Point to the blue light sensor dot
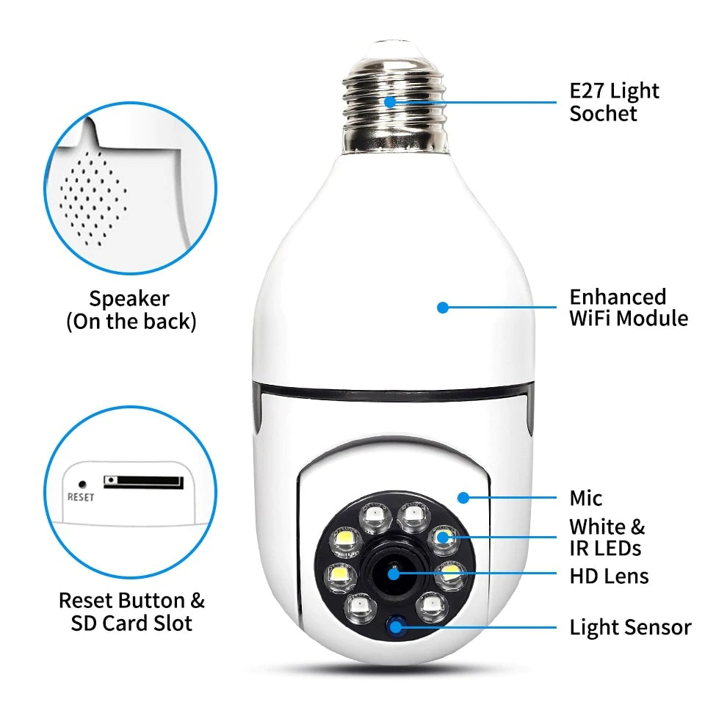point(398,626)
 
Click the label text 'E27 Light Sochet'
point(614,102)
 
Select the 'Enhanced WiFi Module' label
point(629,308)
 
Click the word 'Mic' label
point(585,499)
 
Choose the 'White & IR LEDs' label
point(607,537)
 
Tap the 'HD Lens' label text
point(609,576)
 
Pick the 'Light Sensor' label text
point(630,628)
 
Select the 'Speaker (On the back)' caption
point(131,310)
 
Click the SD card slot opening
point(142,482)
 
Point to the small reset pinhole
point(82,485)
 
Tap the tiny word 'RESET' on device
point(81,497)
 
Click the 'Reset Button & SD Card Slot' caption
point(131,612)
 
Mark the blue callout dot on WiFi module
point(442,308)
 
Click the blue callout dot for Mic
point(463,498)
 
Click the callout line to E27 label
point(477,101)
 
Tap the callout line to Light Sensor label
point(485,627)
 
